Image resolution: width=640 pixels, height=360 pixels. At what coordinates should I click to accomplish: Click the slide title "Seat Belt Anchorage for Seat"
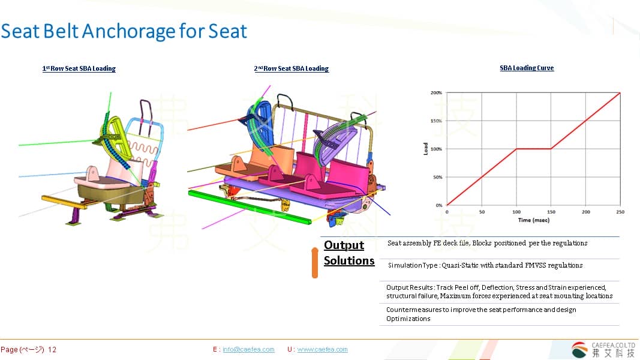click(x=124, y=31)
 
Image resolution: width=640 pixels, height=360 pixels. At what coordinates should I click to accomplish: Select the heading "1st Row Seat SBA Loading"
click(x=79, y=68)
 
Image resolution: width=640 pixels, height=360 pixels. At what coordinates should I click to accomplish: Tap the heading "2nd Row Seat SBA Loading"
click(x=292, y=68)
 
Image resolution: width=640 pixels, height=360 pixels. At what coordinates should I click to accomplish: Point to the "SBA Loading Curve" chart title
click(x=527, y=68)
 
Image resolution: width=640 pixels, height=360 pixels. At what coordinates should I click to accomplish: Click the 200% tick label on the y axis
click(x=436, y=92)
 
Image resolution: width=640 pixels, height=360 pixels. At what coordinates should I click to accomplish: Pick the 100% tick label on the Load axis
click(x=436, y=149)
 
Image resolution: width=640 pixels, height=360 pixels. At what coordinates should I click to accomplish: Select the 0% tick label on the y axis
click(x=439, y=205)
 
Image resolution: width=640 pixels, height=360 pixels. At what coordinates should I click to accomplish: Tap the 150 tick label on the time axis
click(x=551, y=212)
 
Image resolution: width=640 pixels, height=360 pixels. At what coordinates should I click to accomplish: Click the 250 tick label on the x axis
click(x=620, y=212)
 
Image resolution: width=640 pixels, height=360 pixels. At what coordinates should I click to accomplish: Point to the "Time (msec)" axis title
click(x=533, y=220)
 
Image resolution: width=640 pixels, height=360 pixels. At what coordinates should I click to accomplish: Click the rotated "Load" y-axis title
click(x=426, y=149)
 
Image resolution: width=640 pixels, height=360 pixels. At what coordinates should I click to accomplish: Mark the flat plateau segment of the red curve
click(x=533, y=149)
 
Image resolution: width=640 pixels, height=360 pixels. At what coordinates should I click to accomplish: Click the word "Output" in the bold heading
click(x=344, y=245)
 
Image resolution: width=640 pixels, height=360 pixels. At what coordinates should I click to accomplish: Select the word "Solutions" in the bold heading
click(x=349, y=260)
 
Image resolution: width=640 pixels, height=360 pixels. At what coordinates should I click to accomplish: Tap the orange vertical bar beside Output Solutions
click(x=315, y=263)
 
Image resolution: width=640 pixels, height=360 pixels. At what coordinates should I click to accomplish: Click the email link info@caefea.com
click(x=248, y=349)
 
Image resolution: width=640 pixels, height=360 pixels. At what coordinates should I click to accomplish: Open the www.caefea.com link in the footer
click(x=322, y=349)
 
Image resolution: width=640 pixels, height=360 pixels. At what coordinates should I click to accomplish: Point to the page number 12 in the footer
click(x=52, y=350)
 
